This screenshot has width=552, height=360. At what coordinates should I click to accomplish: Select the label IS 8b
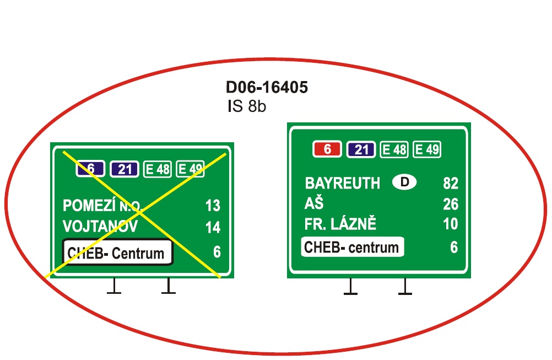246,106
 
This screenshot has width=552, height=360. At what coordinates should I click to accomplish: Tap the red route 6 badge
327,149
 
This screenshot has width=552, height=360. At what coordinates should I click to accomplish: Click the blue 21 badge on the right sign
361,149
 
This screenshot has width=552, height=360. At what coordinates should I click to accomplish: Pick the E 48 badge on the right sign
394,149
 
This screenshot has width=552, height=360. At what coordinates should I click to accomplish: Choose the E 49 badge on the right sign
427,149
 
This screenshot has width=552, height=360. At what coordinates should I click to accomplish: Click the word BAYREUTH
343,184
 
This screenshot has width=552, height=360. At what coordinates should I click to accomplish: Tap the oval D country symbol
405,182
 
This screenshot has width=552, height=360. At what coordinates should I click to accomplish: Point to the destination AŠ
313,204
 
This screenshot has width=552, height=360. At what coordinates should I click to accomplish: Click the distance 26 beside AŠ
451,205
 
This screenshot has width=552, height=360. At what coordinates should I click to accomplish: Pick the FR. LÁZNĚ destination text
340,224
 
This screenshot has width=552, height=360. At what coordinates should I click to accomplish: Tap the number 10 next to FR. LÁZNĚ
451,224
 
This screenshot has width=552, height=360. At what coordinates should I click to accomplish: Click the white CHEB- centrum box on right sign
353,247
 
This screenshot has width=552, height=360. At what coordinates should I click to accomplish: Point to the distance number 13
213,206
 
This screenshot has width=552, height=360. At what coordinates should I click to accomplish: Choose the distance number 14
213,227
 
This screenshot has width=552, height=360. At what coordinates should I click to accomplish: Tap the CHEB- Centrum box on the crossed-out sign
117,252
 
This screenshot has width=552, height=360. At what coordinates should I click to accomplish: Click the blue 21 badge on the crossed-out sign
125,169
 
